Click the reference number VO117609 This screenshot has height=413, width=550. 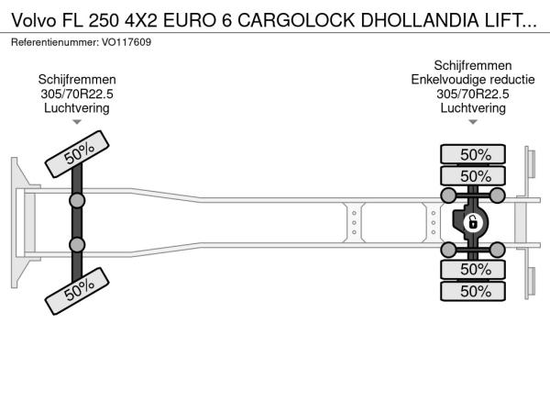coord(126,42)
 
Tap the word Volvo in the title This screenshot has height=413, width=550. coord(34,20)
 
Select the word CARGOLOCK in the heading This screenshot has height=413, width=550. coord(296,20)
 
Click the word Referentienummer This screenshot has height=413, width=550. coord(55,42)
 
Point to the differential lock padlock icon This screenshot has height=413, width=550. coord(472,222)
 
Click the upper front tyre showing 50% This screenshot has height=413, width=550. coord(77,154)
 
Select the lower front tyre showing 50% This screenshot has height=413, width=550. coord(77,291)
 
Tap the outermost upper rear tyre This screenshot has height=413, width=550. coord(473,154)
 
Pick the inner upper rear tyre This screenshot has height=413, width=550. coord(473,175)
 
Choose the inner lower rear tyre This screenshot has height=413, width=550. coord(473,269)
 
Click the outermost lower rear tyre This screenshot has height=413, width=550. coord(473,291)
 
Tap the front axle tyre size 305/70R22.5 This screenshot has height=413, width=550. coord(77,94)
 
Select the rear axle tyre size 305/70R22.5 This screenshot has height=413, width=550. coord(473,94)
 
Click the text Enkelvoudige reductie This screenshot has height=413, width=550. coord(473,80)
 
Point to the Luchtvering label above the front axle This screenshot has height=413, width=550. coord(77,108)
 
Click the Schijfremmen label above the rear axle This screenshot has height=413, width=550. coord(473,65)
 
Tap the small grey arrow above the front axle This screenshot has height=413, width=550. coord(77,122)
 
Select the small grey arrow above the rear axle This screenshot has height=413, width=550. coord(473,122)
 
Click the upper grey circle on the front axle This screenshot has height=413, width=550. coord(77,201)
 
